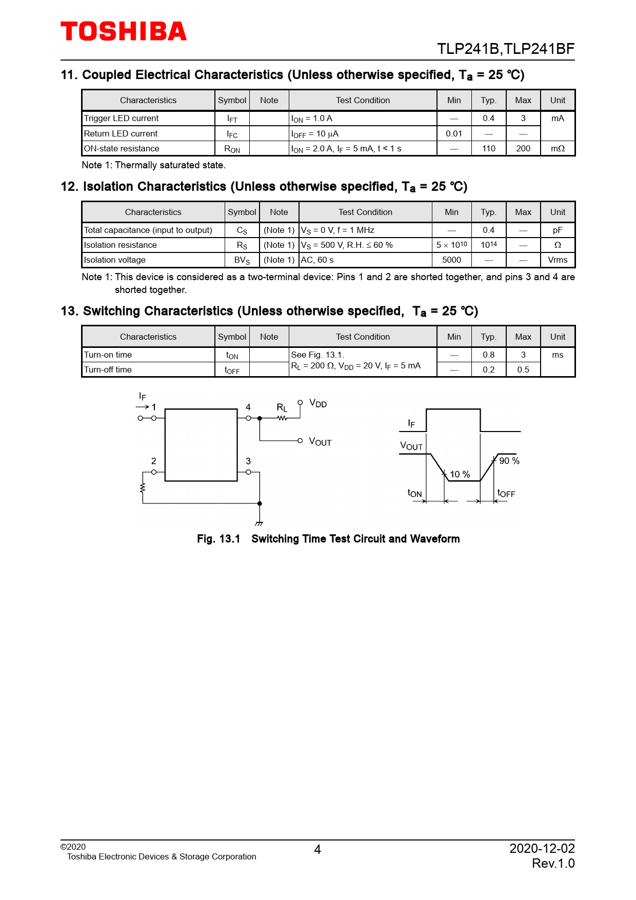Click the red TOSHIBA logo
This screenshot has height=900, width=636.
click(124, 31)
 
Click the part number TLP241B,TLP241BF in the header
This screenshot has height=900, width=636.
click(505, 49)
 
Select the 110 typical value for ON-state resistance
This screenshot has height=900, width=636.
click(488, 148)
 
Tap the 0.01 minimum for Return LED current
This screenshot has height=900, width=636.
click(454, 133)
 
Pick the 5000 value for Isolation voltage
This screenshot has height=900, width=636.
click(451, 260)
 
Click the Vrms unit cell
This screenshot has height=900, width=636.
click(558, 260)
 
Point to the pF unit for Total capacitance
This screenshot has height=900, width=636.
click(558, 230)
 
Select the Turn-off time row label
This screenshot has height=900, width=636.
click(108, 369)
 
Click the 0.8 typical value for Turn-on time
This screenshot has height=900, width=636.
click(488, 355)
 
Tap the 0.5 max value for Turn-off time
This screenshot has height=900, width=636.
click(523, 369)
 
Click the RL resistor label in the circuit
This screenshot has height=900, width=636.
click(282, 408)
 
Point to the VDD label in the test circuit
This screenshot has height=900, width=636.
click(318, 403)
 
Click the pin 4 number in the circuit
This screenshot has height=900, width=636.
click(248, 407)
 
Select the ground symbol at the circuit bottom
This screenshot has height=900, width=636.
click(259, 523)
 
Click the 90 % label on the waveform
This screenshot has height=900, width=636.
click(509, 461)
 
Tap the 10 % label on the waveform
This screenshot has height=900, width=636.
click(460, 474)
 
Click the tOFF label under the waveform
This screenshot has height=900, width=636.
click(506, 494)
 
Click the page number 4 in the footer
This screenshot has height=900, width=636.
click(317, 850)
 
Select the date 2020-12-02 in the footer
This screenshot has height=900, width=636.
click(542, 848)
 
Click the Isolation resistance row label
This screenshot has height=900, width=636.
click(121, 245)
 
